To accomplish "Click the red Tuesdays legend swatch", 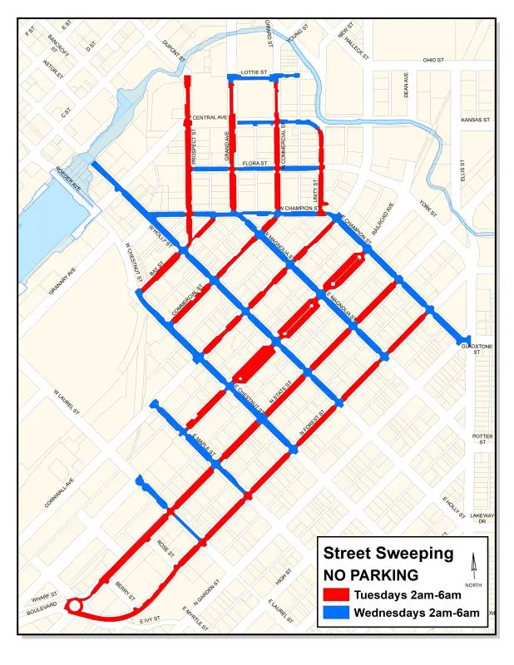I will [335, 594].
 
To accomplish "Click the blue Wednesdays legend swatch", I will [335, 613].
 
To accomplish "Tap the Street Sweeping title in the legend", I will [388, 554].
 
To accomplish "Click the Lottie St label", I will [252, 73].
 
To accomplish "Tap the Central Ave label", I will [210, 118].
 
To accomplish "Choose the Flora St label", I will [255, 164].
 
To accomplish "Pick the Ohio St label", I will [434, 60].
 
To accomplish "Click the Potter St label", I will [482, 439].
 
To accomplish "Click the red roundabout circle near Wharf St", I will [74, 607].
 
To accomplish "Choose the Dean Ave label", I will [407, 86].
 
